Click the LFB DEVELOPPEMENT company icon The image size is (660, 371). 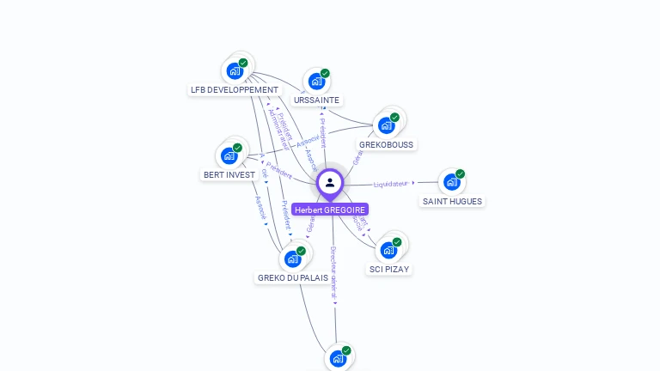(235, 71)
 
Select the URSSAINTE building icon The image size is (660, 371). (316, 82)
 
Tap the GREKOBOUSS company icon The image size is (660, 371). (386, 125)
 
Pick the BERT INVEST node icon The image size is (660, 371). (229, 155)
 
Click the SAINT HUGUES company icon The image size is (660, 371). (451, 182)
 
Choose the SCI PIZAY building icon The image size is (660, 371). (388, 250)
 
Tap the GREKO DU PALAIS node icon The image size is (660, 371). (292, 258)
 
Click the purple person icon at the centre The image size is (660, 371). (330, 182)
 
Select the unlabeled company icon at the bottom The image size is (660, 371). (338, 358)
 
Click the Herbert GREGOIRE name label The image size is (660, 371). (330, 210)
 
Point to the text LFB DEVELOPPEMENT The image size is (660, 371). (235, 90)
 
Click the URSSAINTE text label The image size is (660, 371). (316, 100)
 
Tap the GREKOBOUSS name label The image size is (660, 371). (386, 145)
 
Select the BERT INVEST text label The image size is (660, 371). (229, 175)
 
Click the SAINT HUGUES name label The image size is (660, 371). (452, 202)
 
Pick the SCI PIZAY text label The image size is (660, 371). (389, 270)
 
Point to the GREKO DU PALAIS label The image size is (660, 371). (292, 278)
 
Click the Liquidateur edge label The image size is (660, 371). (391, 184)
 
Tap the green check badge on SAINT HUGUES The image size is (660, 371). (461, 173)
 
